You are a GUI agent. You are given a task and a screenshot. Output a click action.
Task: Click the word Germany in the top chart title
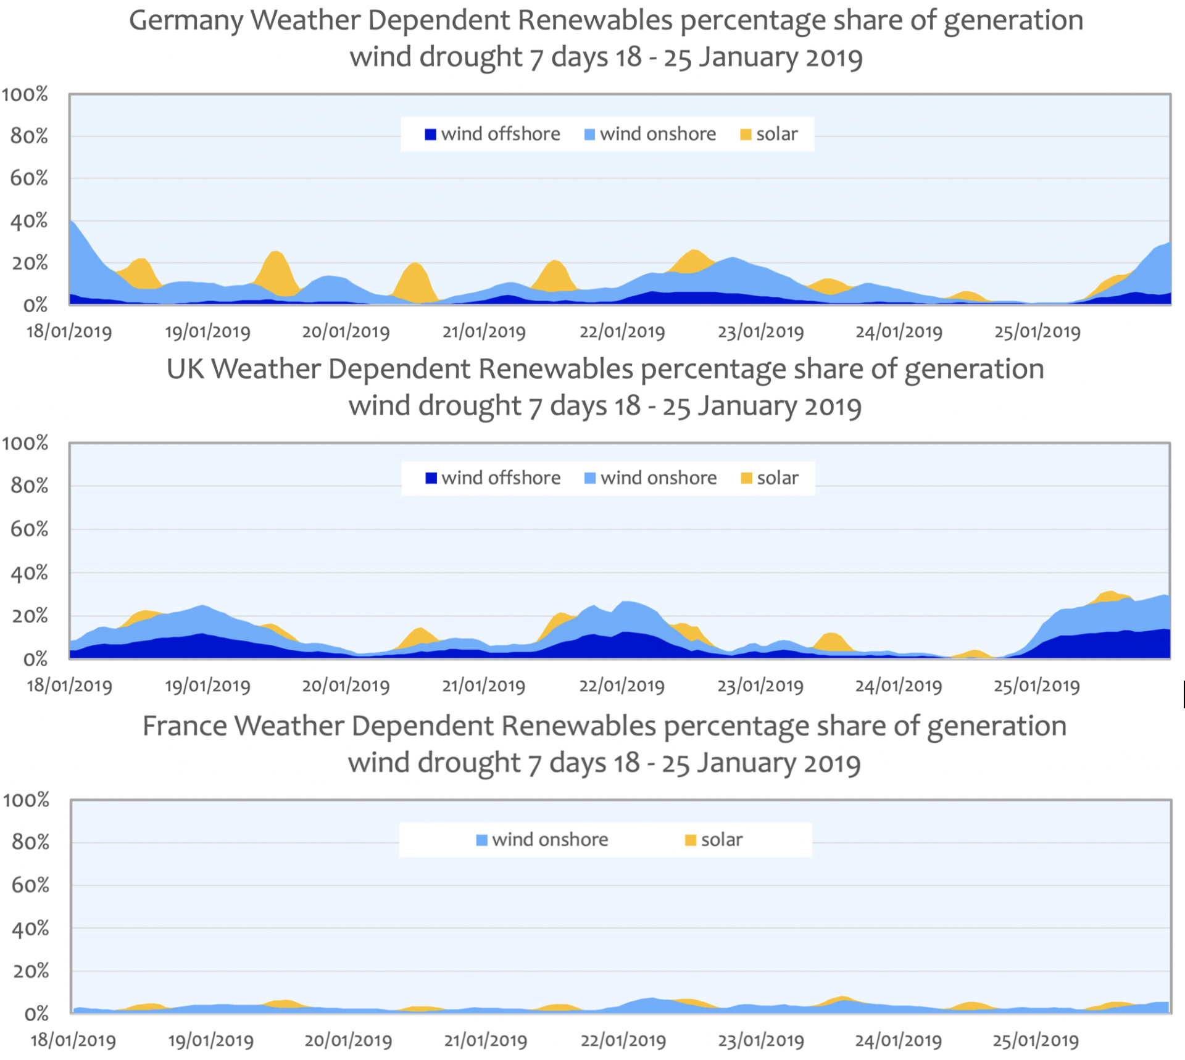[185, 21]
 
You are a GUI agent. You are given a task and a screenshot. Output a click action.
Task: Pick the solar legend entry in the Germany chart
[769, 134]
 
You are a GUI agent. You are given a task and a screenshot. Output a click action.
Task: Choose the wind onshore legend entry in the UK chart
[651, 478]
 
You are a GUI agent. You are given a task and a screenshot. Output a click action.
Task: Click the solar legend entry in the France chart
[714, 840]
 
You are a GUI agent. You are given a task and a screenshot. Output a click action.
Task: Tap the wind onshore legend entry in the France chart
[543, 840]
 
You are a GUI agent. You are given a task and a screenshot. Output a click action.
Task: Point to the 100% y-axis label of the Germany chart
[25, 94]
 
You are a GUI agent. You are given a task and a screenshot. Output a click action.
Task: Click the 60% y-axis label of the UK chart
[29, 529]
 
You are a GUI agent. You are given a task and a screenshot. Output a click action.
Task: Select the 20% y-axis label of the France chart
[30, 971]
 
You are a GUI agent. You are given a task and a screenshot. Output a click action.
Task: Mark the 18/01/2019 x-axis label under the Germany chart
[69, 332]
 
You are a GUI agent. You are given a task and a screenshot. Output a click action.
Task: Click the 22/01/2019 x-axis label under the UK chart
[622, 685]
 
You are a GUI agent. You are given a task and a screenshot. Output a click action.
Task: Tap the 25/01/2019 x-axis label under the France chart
[1035, 1041]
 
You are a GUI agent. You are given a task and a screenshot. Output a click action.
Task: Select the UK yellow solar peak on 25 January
[1110, 594]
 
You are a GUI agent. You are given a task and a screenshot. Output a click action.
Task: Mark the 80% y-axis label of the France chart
[30, 843]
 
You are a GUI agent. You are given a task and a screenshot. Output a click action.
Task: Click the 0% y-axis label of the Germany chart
[35, 305]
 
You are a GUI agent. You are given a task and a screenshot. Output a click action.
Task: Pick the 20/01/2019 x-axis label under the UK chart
[346, 685]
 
